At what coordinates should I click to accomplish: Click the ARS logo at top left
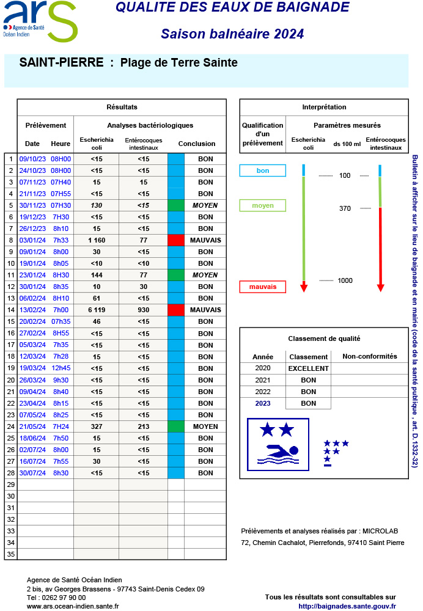pyautogui.click(x=40, y=21)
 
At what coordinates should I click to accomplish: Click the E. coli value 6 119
pyautogui.click(x=97, y=310)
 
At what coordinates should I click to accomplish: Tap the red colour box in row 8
pyautogui.click(x=175, y=240)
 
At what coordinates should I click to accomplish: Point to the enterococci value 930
pyautogui.click(x=143, y=310)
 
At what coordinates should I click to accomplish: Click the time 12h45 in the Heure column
pyautogui.click(x=61, y=368)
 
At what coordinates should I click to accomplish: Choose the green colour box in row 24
pyautogui.click(x=175, y=426)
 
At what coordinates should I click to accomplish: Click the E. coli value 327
pyautogui.click(x=97, y=426)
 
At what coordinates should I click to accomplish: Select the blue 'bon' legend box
pyautogui.click(x=263, y=171)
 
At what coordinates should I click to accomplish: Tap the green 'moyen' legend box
pyautogui.click(x=263, y=205)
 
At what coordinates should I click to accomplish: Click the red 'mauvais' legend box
pyautogui.click(x=263, y=287)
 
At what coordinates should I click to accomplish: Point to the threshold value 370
pyautogui.click(x=345, y=208)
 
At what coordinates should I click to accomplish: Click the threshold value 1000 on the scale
pyautogui.click(x=345, y=280)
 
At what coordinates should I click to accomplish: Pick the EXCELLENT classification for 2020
pyautogui.click(x=308, y=368)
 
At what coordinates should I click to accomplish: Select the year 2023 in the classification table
pyautogui.click(x=262, y=403)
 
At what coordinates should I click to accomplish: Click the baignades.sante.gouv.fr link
pyautogui.click(x=347, y=606)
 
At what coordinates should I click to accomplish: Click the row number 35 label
pyautogui.click(x=10, y=554)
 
